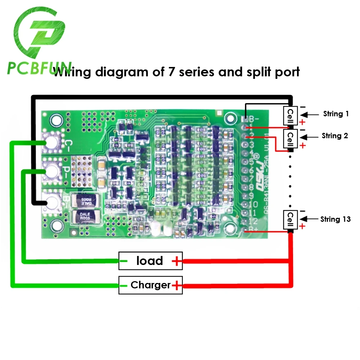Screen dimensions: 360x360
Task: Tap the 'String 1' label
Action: pos(336,114)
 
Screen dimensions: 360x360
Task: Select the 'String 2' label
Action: pos(335,136)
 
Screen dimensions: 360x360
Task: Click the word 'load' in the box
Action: pos(149,261)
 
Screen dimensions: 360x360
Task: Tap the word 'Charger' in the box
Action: pos(150,285)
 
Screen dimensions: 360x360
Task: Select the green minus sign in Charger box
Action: pos(124,285)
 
